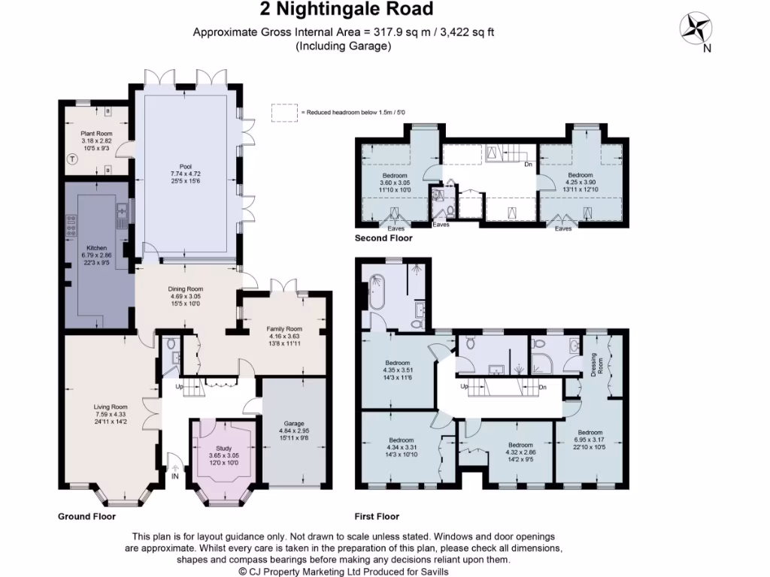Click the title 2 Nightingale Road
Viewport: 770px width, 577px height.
coord(347,10)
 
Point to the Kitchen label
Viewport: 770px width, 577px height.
coord(96,248)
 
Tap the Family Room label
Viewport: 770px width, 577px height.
coord(284,329)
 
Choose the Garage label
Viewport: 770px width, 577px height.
coord(294,423)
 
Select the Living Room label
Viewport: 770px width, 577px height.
coord(111,407)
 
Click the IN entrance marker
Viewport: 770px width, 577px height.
coord(175,476)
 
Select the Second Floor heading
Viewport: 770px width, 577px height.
coord(383,238)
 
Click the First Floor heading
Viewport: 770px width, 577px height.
coord(377,517)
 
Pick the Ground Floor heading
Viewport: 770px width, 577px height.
coord(87,517)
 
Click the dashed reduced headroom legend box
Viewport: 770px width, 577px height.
coord(284,112)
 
